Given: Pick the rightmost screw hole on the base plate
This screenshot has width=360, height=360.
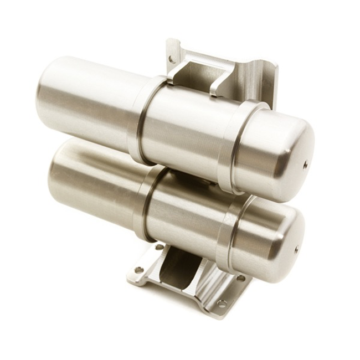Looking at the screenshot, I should (242, 278).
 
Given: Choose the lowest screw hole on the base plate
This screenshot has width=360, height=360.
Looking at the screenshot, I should (221, 303).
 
